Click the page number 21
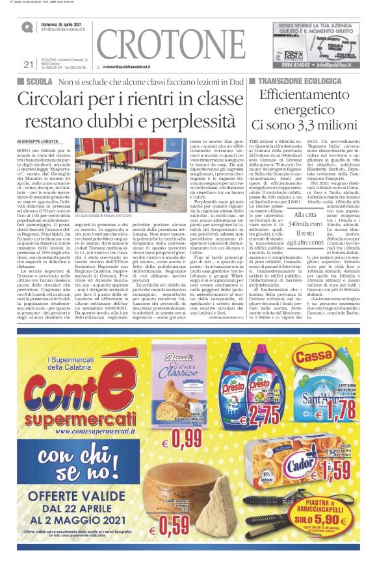(27, 64)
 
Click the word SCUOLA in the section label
(40, 82)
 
